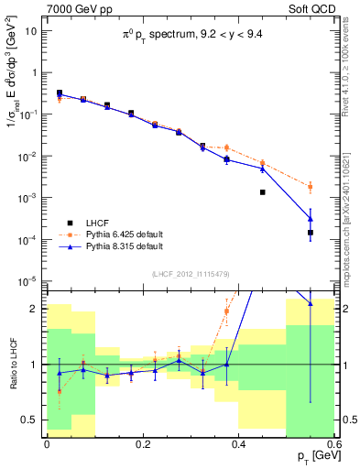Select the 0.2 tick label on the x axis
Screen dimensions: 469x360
142,444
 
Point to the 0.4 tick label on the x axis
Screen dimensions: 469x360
238,444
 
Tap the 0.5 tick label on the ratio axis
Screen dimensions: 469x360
33,420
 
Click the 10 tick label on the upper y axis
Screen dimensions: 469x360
34,30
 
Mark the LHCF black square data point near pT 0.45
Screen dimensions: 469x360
263,192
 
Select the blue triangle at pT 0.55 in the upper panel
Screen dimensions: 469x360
311,218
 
